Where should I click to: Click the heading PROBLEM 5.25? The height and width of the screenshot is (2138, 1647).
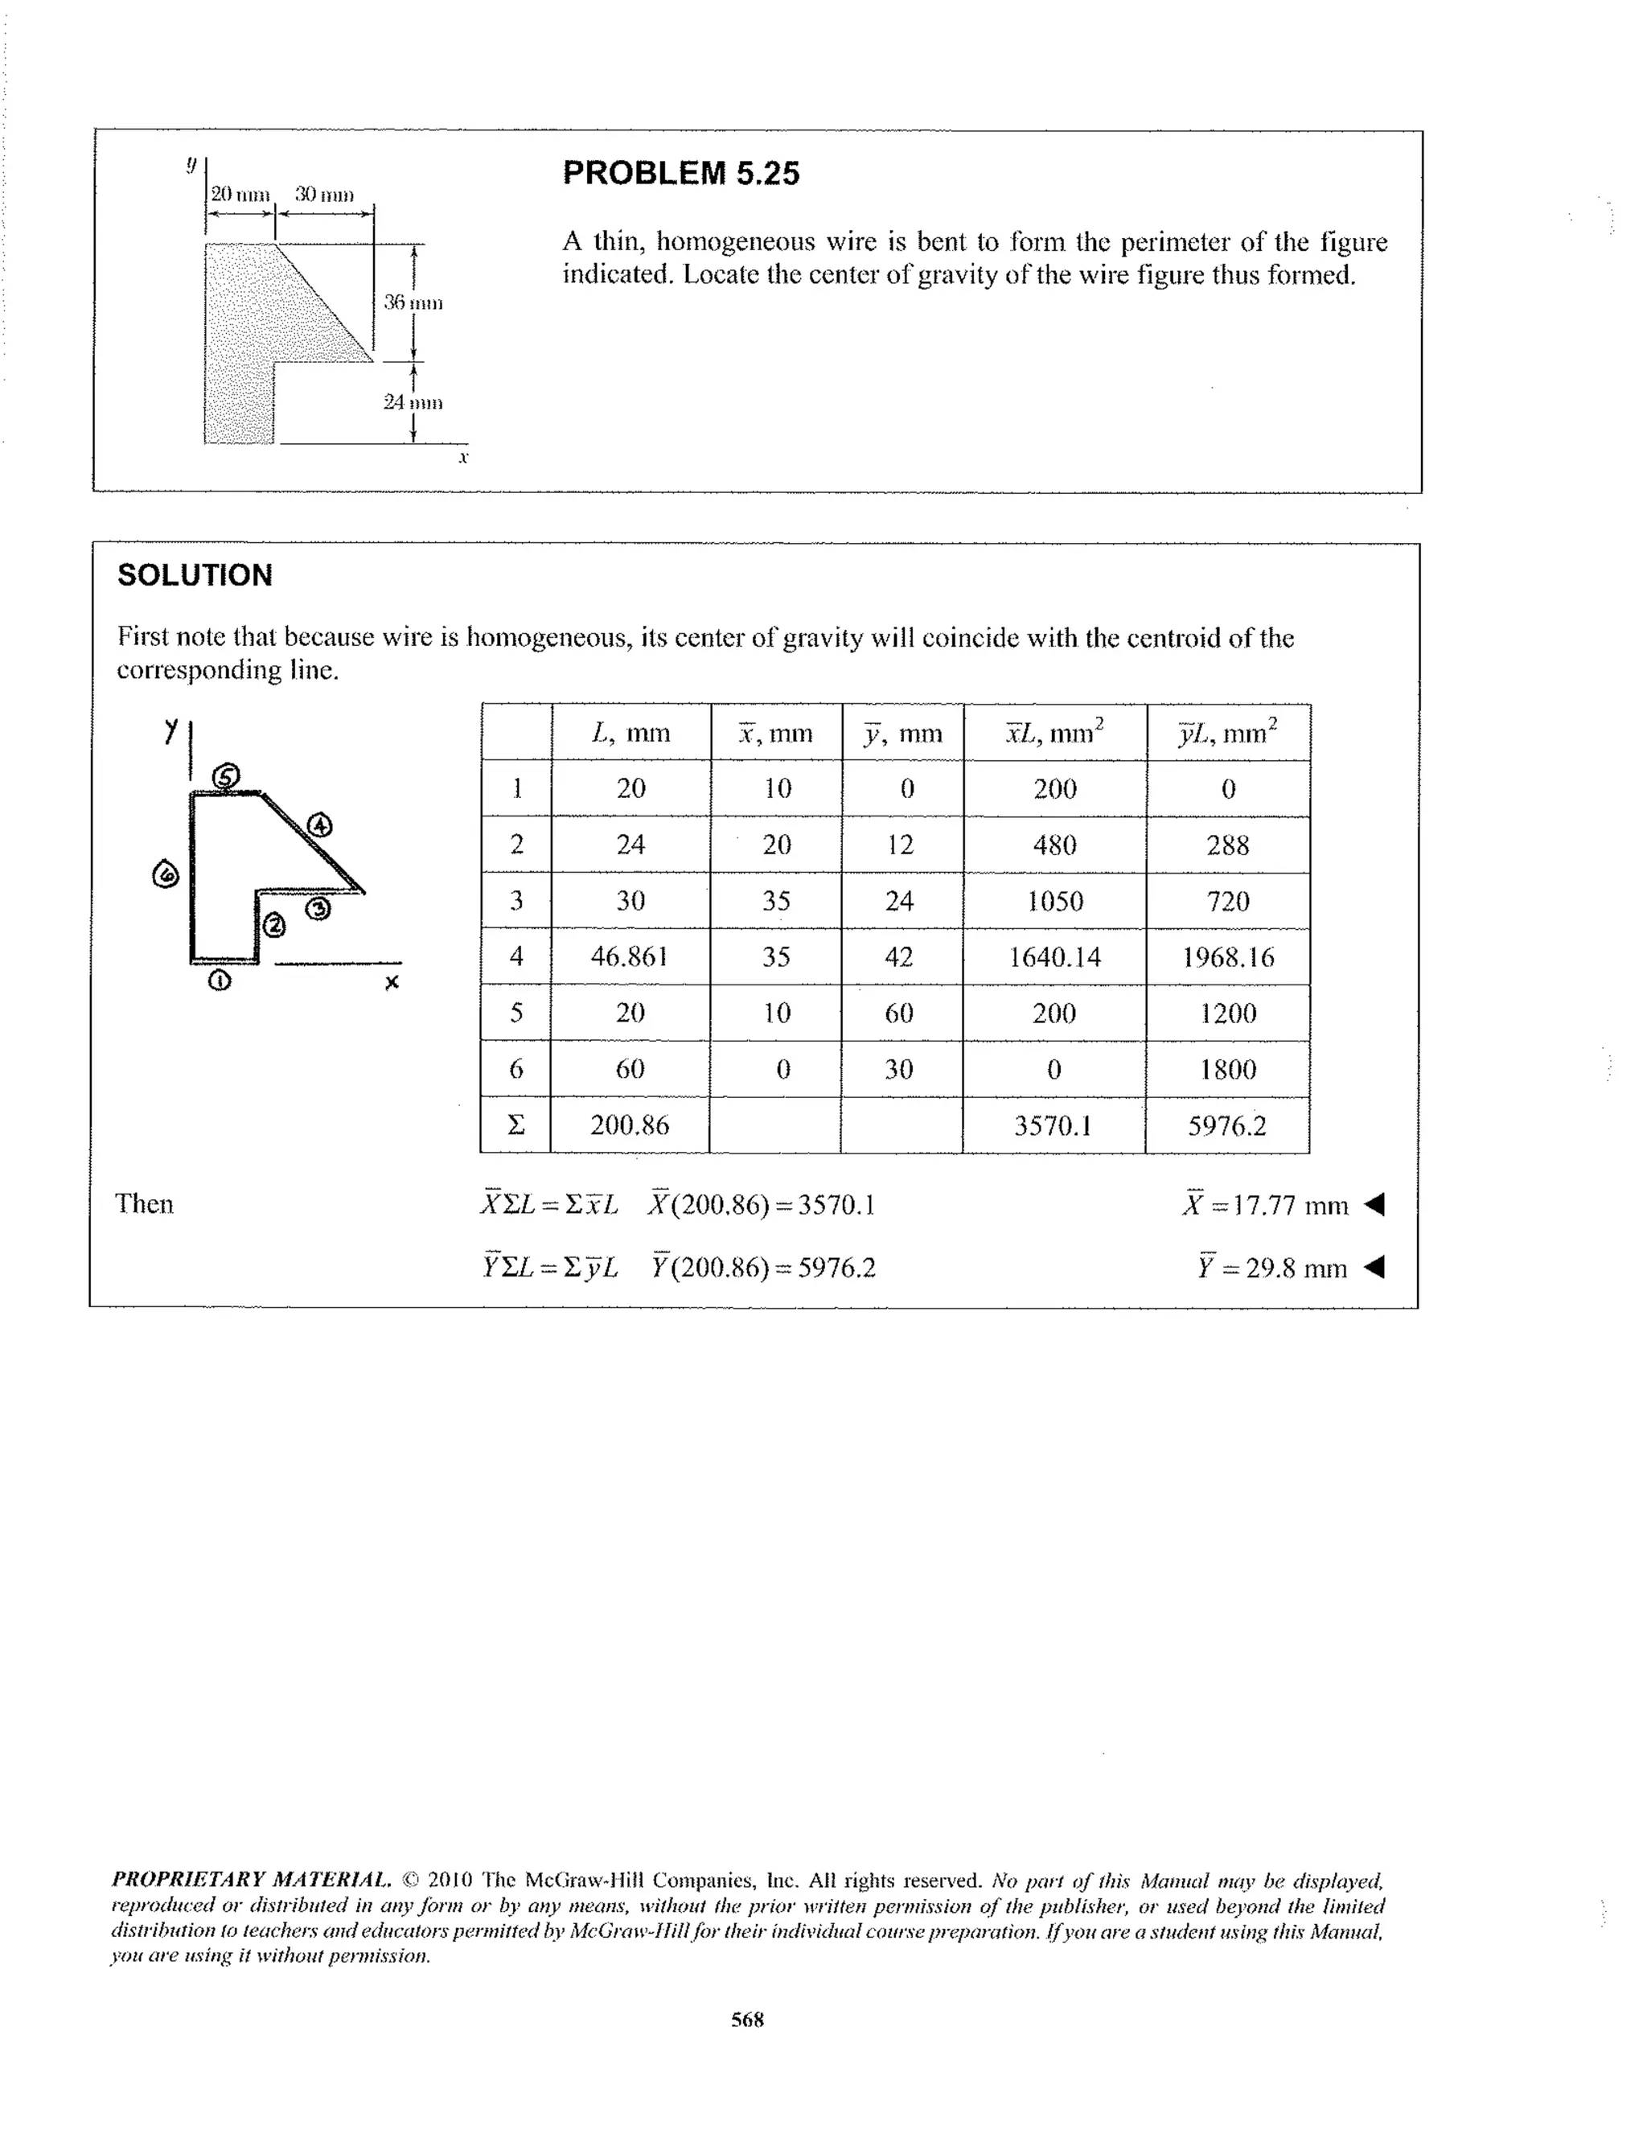point(680,173)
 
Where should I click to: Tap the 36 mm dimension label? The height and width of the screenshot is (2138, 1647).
point(413,302)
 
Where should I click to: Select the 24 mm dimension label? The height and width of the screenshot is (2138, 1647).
point(413,402)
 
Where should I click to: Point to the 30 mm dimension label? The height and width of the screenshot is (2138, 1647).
point(324,194)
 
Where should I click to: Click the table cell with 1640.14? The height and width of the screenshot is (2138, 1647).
point(1054,956)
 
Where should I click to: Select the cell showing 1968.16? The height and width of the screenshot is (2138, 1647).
point(1227,956)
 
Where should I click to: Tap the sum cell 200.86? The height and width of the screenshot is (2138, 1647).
point(629,1125)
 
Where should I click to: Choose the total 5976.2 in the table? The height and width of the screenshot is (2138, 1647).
point(1226,1125)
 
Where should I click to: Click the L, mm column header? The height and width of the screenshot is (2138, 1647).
point(631,732)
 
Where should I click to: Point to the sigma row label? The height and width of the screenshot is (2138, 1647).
point(515,1125)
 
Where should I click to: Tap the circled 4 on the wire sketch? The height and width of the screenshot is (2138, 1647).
point(320,825)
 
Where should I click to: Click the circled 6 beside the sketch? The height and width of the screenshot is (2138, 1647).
point(166,874)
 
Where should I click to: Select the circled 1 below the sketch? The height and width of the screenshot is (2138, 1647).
point(220,980)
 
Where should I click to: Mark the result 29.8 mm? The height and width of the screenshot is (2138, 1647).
point(1272,1268)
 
